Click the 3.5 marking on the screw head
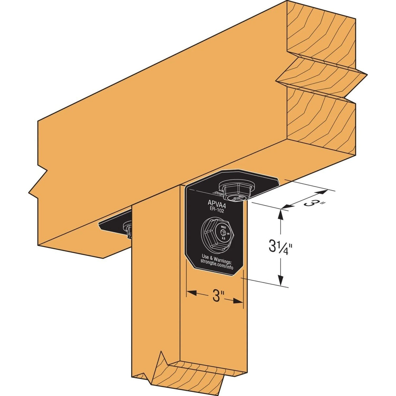click(223, 238)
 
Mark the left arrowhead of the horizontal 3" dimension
click(191, 293)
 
